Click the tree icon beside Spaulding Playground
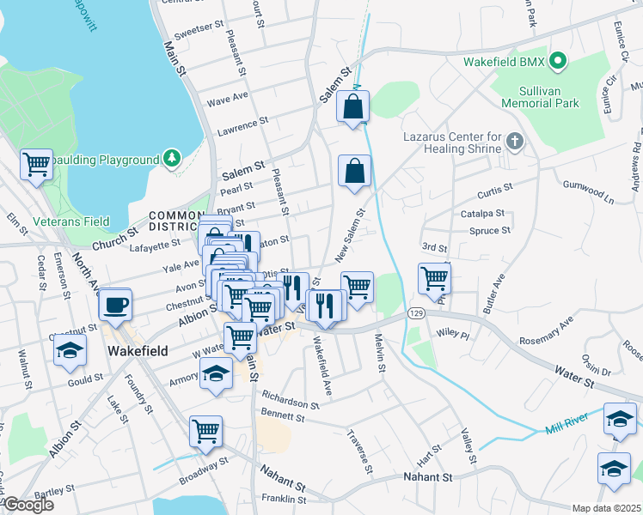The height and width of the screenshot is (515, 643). [173, 159]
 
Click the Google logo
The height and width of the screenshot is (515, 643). [28, 505]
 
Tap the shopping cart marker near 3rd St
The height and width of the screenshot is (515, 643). [435, 277]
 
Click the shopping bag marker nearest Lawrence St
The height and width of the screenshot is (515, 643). [353, 107]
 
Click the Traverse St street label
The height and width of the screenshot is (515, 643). [362, 454]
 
